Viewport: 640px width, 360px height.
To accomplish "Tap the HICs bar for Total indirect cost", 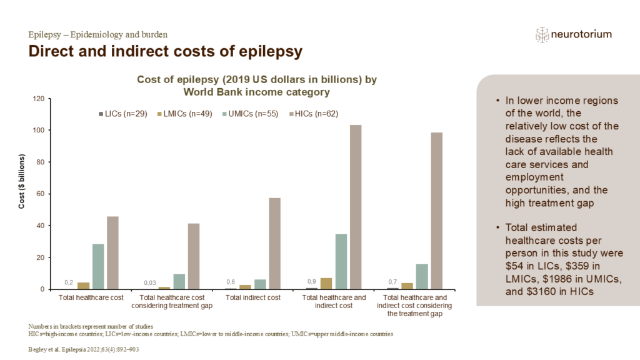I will [274, 243].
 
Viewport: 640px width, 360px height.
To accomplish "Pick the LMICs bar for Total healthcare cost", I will [83, 286].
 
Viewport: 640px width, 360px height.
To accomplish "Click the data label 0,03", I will [149, 283].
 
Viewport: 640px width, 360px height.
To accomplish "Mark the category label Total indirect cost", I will [252, 297].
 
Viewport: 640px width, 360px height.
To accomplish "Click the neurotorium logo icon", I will [541, 34].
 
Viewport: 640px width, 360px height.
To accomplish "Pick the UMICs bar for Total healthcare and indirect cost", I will [341, 261].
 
